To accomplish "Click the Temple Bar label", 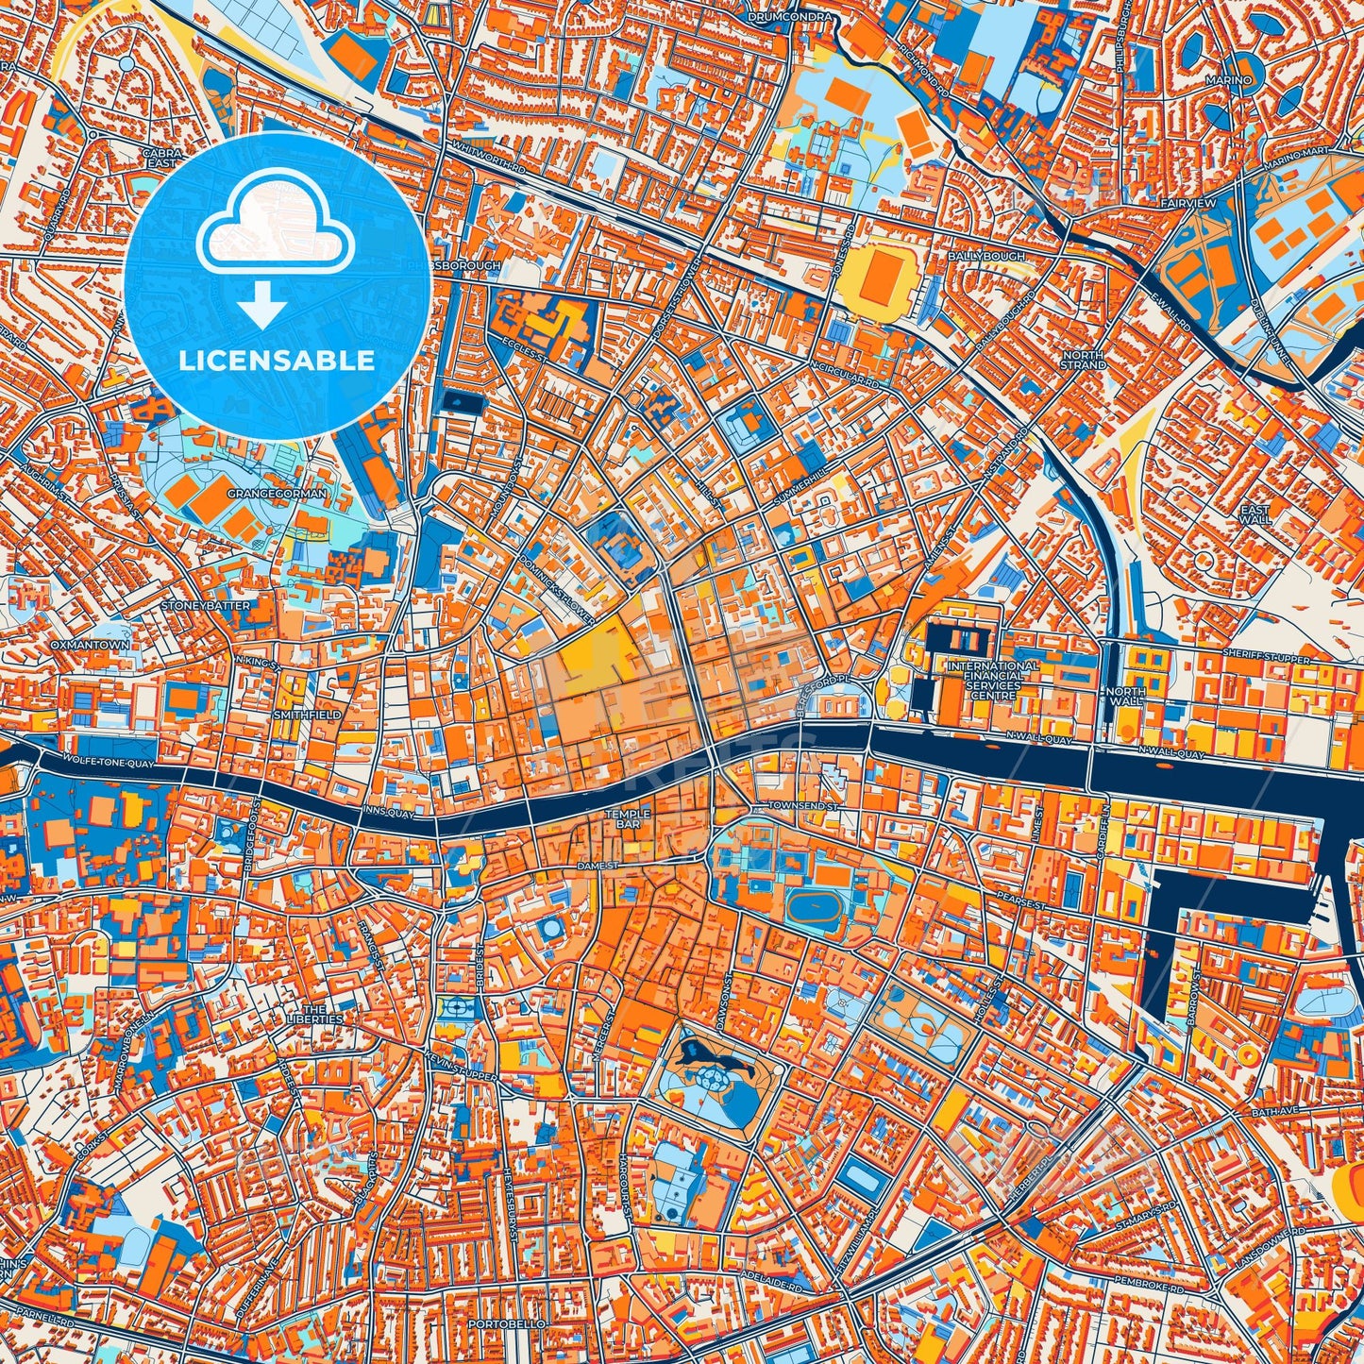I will (x=628, y=819).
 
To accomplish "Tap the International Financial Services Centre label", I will (x=993, y=680).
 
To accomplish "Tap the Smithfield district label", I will (x=307, y=716).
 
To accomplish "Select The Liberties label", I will (x=314, y=1014).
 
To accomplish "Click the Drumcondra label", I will (x=790, y=17).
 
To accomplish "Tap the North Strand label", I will (x=1083, y=360).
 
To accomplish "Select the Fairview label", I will (x=1190, y=204).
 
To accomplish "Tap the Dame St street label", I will (x=597, y=865).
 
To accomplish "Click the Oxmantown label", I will (x=90, y=645).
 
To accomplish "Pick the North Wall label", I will (x=1125, y=697).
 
